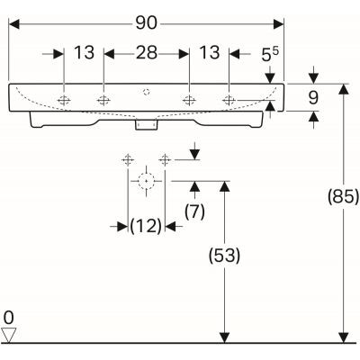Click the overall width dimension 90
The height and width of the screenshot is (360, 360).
pyautogui.click(x=146, y=23)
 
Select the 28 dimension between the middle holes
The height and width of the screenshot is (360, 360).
pyautogui.click(x=147, y=53)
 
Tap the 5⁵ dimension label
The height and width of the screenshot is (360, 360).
pyautogui.click(x=270, y=54)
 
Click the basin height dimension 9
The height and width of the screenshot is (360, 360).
pyautogui.click(x=313, y=97)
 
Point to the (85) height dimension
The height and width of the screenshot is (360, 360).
pyautogui.click(x=344, y=197)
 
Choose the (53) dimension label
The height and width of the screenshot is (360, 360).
pyautogui.click(x=225, y=256)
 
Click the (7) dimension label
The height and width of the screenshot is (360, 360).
pyautogui.click(x=194, y=211)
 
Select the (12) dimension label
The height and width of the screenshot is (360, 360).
pyautogui.click(x=146, y=226)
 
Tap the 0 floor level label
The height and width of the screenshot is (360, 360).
pyautogui.click(x=9, y=318)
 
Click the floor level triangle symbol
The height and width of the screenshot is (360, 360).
pyautogui.click(x=9, y=335)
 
